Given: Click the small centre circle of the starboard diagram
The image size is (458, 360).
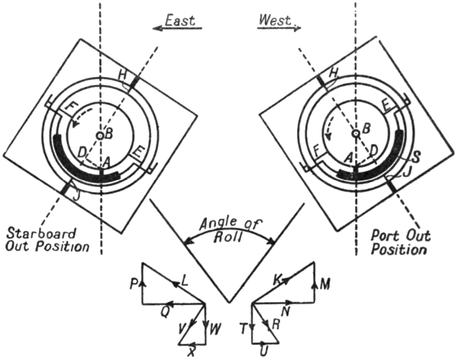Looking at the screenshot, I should [100, 135].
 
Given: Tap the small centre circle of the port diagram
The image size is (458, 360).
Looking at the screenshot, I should [355, 133].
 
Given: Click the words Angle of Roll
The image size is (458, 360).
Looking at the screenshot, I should [229, 230].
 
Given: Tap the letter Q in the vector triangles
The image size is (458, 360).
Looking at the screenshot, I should [165, 311].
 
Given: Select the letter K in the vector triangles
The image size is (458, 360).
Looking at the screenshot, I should [277, 280].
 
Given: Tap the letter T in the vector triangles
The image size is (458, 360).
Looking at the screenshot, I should [243, 328].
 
